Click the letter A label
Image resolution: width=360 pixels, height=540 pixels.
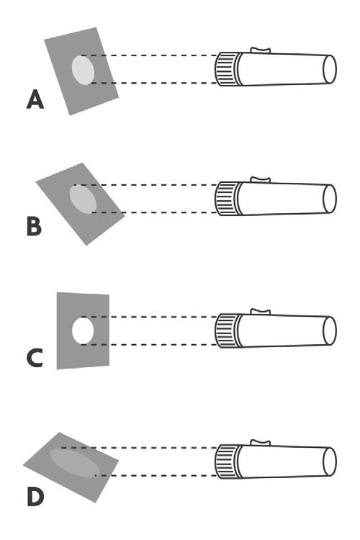[35, 99]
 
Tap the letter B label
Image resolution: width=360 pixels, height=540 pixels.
[34, 227]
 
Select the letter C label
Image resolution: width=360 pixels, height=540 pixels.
[35, 358]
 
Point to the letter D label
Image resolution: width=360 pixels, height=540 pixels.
[35, 497]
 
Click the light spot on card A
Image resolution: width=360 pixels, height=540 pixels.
[83, 70]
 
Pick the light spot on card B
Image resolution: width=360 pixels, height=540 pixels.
[83, 199]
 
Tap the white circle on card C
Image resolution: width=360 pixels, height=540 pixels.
[83, 330]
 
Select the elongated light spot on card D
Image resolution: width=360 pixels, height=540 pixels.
[75, 463]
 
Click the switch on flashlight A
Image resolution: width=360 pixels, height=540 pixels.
[260, 50]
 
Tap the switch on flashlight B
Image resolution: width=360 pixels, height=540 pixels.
[260, 180]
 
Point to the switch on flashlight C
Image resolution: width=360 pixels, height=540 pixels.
[260, 312]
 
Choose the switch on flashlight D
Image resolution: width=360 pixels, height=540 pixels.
[260, 443]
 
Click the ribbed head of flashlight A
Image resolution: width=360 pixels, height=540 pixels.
[228, 69]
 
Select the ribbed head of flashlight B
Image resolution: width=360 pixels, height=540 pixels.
[228, 199]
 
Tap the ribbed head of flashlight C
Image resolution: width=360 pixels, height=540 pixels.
[228, 330]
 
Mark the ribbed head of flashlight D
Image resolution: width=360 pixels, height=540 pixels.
[228, 462]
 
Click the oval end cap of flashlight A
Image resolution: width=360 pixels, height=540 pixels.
[329, 69]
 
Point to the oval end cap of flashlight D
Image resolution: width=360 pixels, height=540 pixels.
[329, 462]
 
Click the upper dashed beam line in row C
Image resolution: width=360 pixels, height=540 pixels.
[150, 317]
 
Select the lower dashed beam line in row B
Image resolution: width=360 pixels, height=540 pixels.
[155, 212]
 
